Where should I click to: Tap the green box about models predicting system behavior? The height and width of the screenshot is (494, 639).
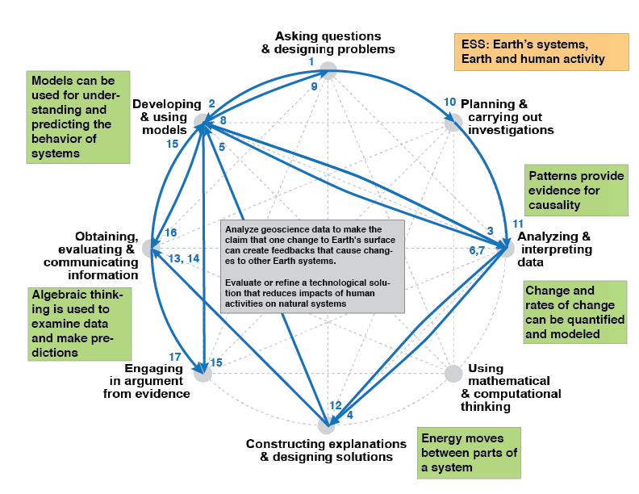click(77, 116)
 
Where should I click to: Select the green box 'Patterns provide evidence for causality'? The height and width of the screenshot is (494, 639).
click(576, 190)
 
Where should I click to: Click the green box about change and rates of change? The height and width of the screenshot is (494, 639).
click(574, 312)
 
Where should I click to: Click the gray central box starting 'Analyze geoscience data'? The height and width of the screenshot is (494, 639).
click(312, 266)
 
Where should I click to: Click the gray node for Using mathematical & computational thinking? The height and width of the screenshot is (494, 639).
click(453, 373)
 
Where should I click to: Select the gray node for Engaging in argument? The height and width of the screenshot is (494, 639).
click(203, 373)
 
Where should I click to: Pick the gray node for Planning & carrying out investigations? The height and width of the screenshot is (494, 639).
click(453, 122)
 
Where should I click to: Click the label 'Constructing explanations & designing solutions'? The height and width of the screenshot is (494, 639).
click(326, 450)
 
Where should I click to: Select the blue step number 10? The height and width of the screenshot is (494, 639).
click(450, 103)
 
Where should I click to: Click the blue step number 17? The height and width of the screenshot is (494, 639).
click(175, 357)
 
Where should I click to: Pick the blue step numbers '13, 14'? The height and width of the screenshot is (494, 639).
click(185, 257)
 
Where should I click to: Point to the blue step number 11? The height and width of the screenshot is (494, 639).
click(518, 224)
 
